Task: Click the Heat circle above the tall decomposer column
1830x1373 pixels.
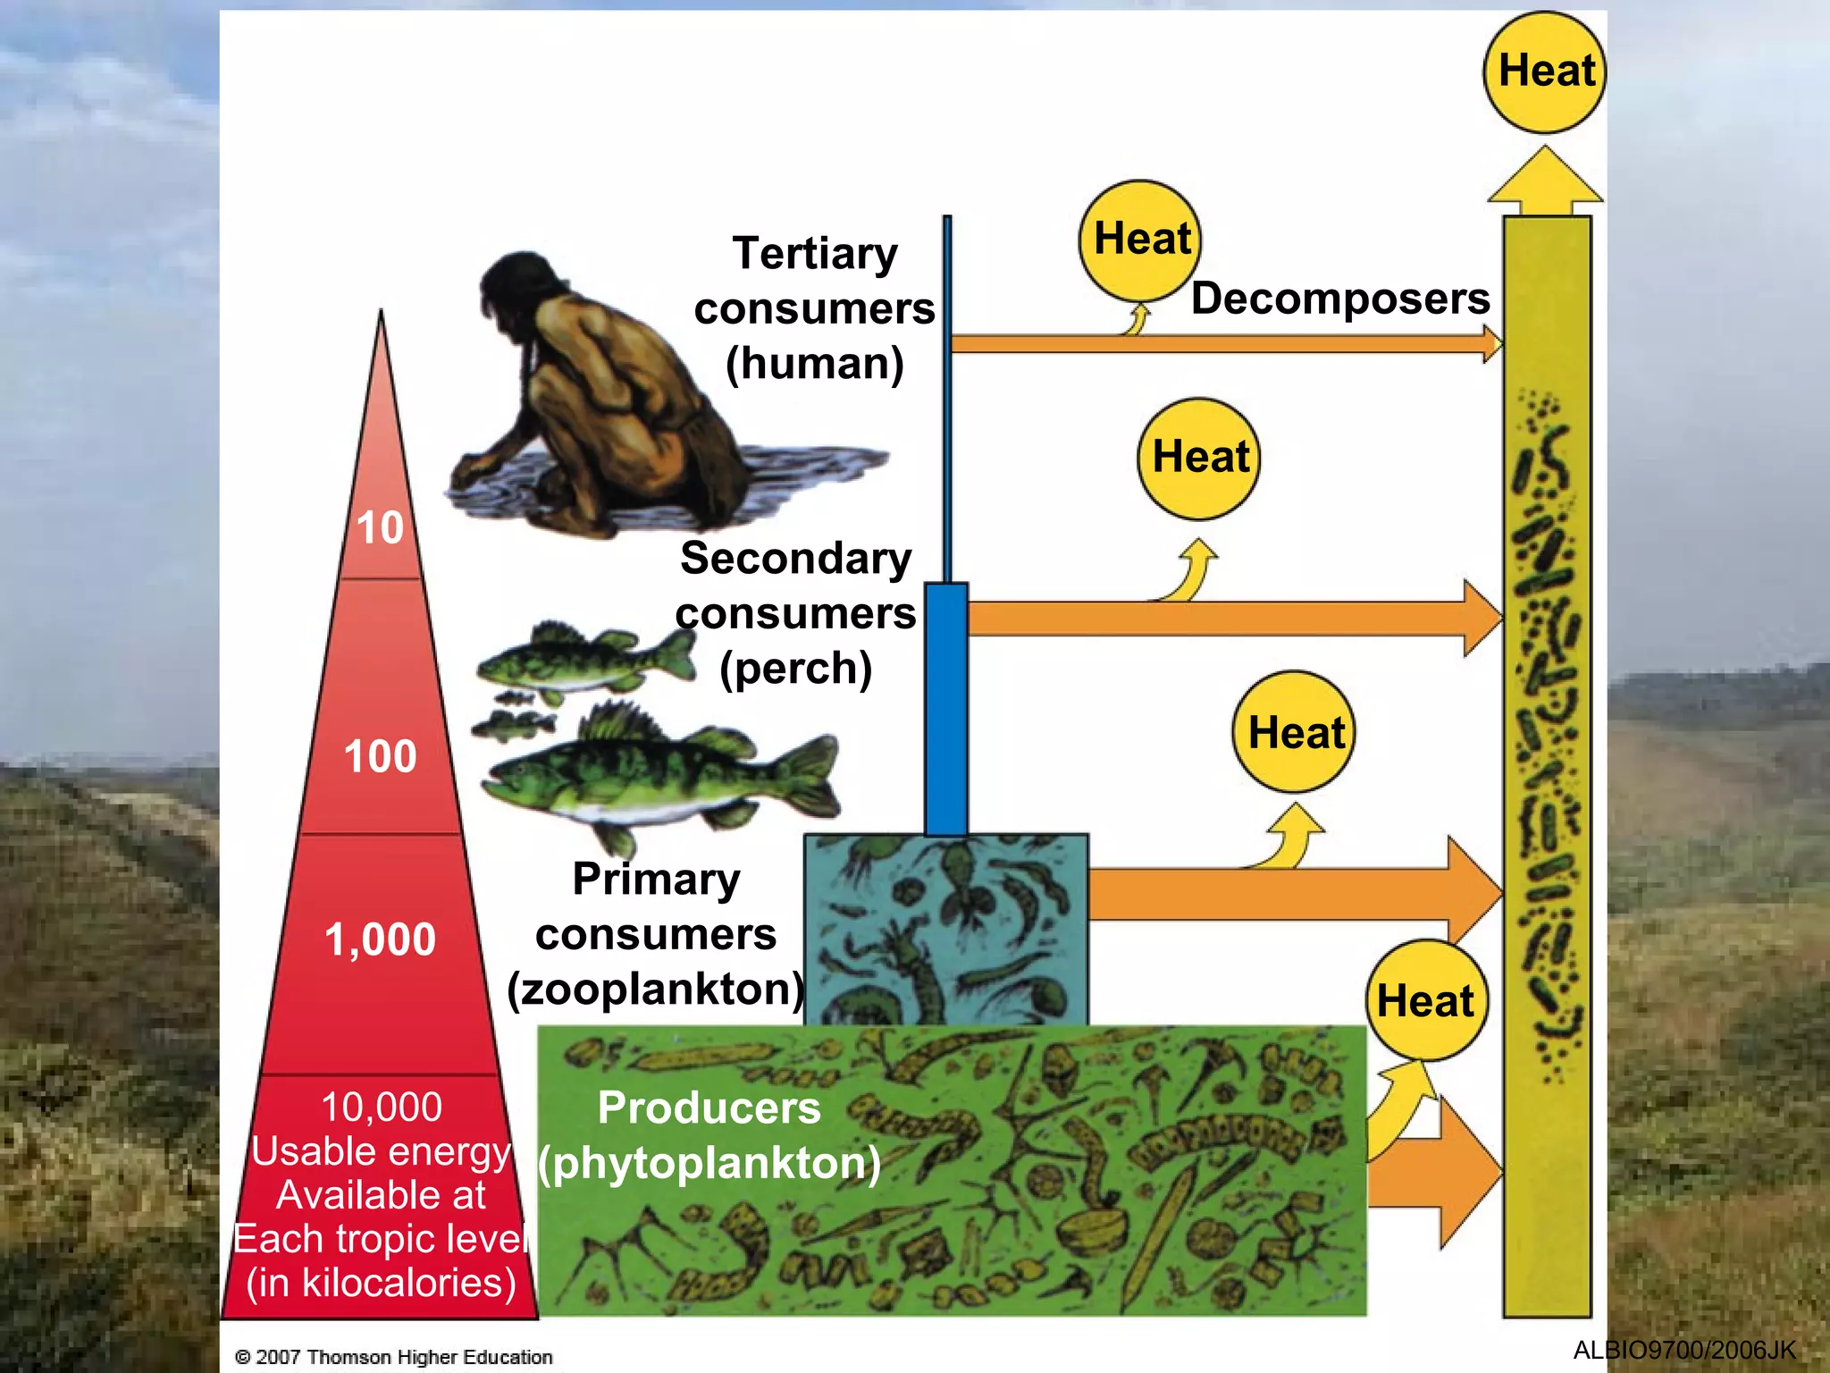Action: point(1545,72)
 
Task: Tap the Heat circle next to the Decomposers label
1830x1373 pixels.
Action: point(1140,240)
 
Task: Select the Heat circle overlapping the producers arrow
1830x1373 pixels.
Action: point(1426,1000)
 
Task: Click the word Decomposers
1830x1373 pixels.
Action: point(1340,298)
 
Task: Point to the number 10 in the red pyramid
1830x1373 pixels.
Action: point(380,527)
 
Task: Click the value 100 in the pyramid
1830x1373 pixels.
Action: point(380,756)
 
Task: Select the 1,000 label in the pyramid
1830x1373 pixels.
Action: point(380,939)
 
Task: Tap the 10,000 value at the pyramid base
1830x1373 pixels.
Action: point(382,1107)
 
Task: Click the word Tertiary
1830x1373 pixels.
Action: point(815,253)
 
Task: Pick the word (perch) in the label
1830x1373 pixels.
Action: point(795,668)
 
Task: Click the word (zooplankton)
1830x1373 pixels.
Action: point(656,990)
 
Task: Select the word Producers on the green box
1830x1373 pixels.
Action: point(709,1108)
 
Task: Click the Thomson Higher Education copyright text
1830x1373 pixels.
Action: point(394,1357)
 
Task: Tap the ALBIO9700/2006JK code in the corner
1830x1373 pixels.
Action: point(1683,1350)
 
